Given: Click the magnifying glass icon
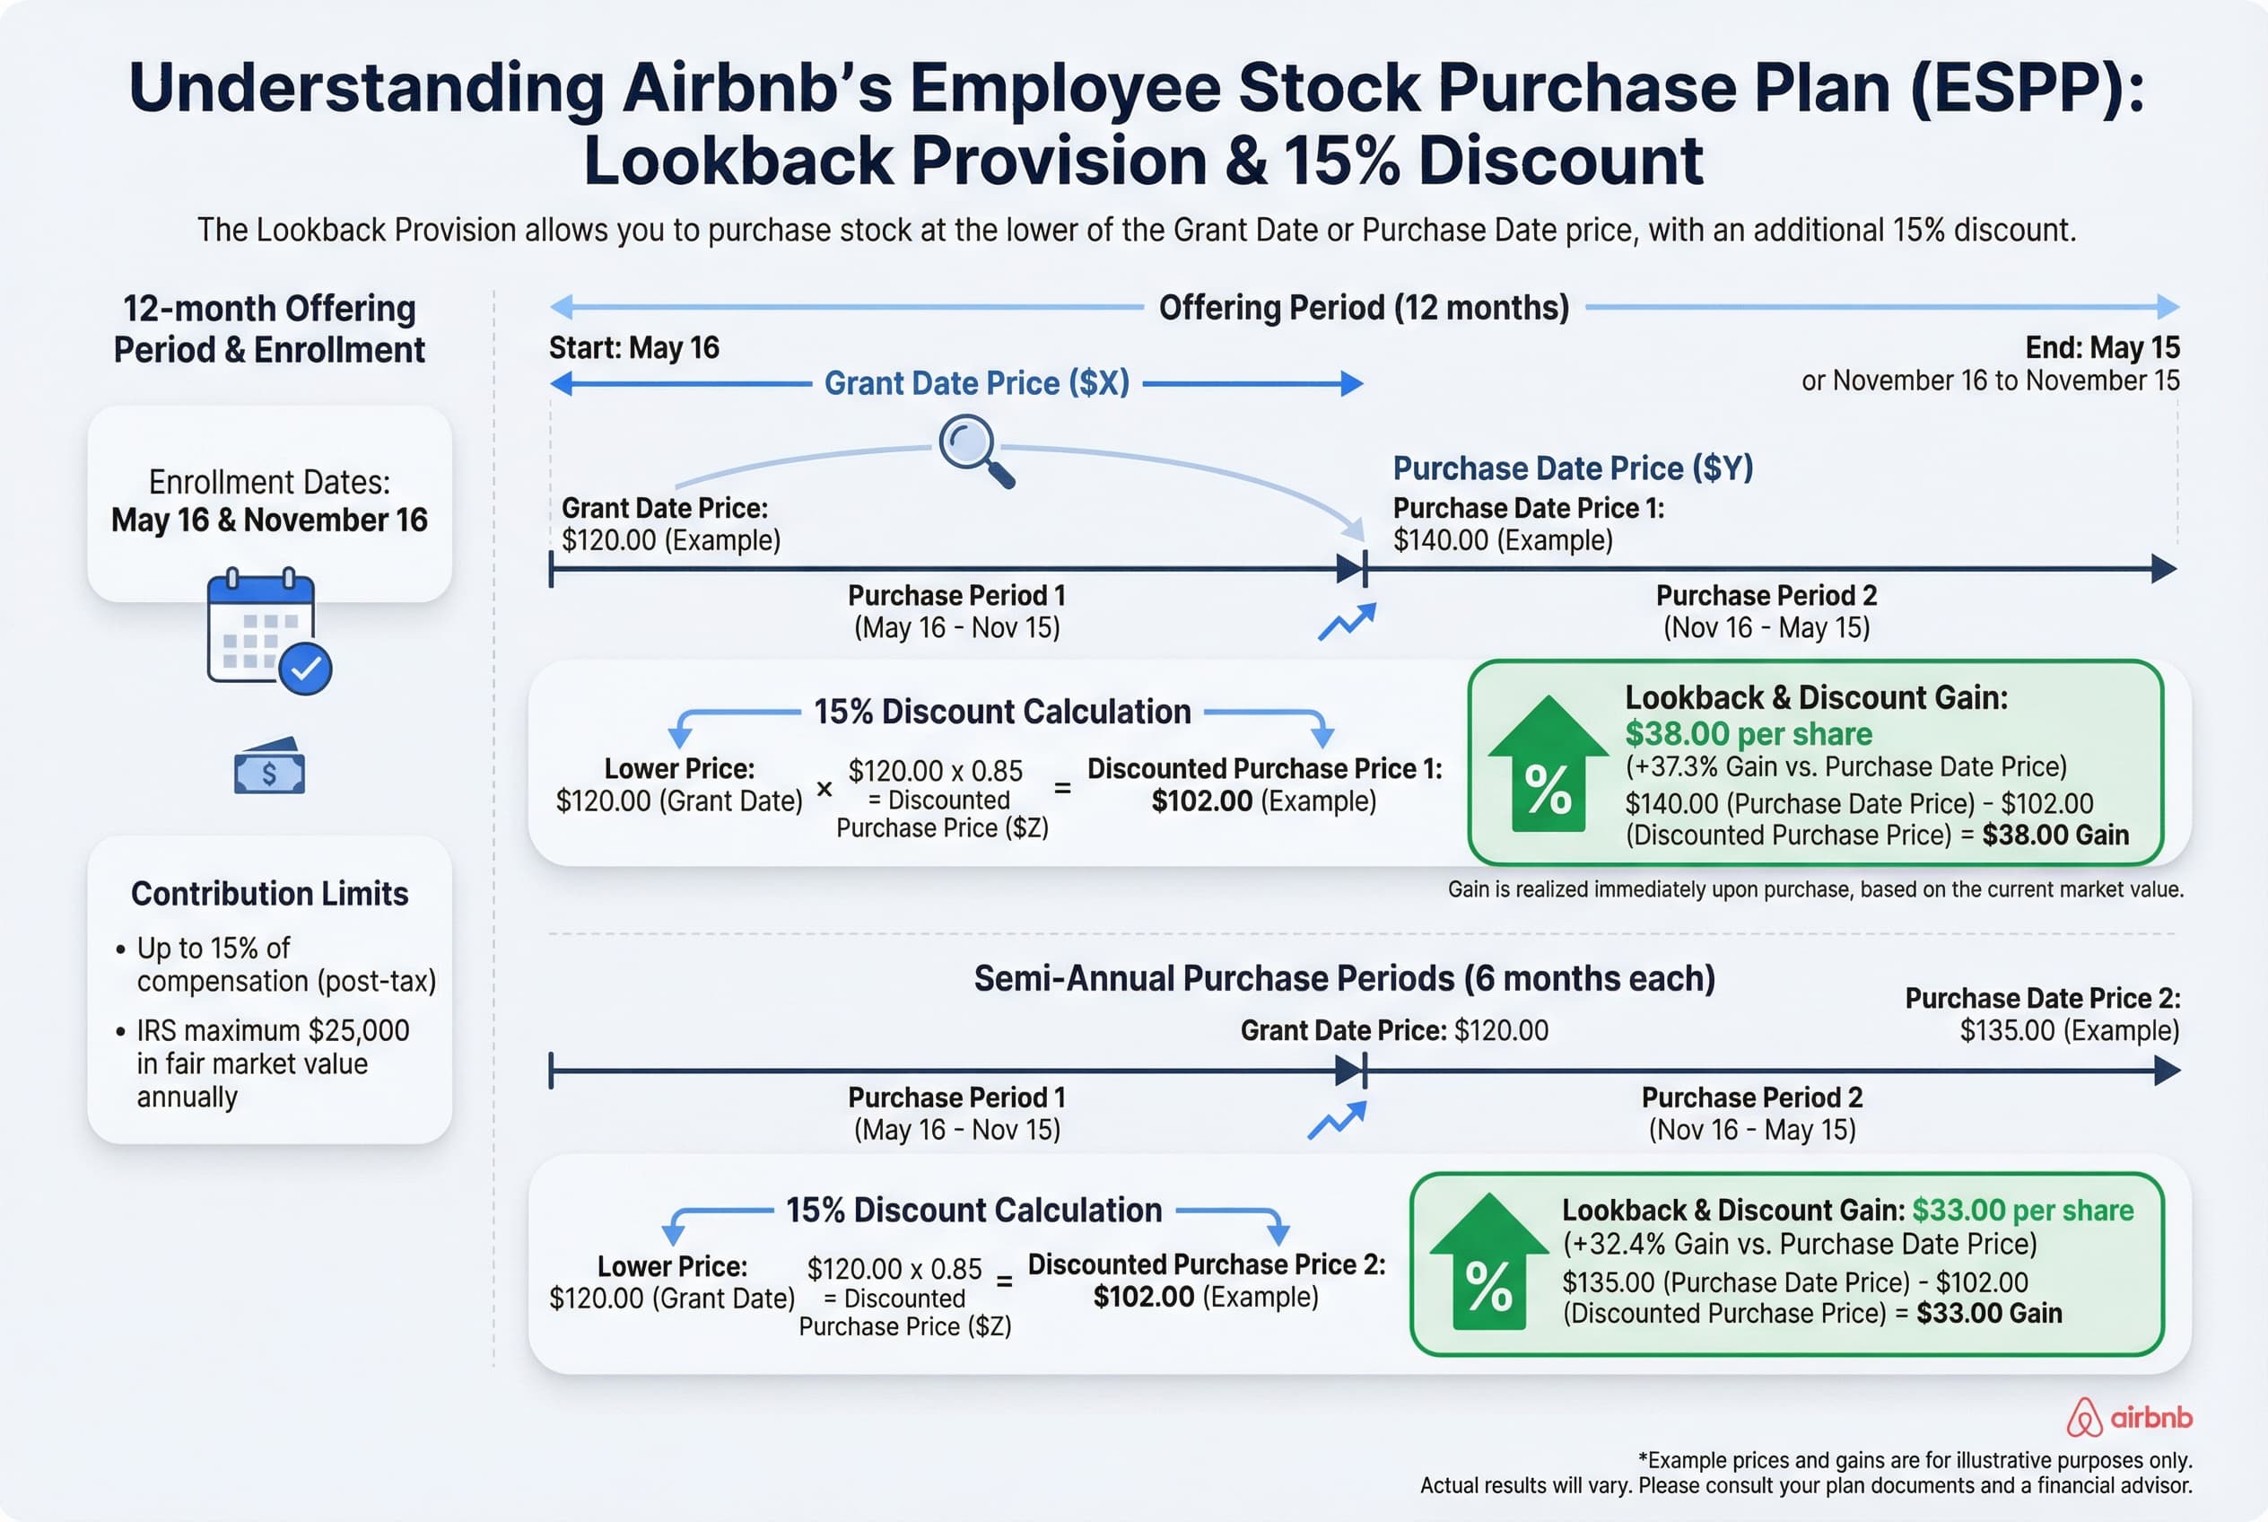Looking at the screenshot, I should tap(974, 450).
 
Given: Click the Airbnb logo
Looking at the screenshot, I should tap(2129, 1417).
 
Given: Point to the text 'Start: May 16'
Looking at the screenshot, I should tap(633, 347).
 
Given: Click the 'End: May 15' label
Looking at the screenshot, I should tap(2101, 347).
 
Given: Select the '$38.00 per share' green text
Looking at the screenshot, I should tap(1748, 734).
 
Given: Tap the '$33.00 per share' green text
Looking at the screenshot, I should tap(2022, 1211).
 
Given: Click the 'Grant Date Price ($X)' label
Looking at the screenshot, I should tap(976, 383).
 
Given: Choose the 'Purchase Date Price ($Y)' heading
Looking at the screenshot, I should tap(1572, 468).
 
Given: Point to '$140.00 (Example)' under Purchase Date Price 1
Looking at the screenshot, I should tap(1503, 539).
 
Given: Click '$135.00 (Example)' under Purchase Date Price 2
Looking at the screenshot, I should tap(2069, 1030).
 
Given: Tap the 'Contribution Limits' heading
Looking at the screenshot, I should tap(270, 893).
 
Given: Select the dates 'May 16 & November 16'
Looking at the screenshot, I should tap(269, 520).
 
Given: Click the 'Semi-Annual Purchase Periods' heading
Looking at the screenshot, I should tap(1344, 978).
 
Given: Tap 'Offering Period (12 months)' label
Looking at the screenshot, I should tap(1364, 308).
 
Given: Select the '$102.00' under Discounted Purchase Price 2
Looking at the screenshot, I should tap(1143, 1297).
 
